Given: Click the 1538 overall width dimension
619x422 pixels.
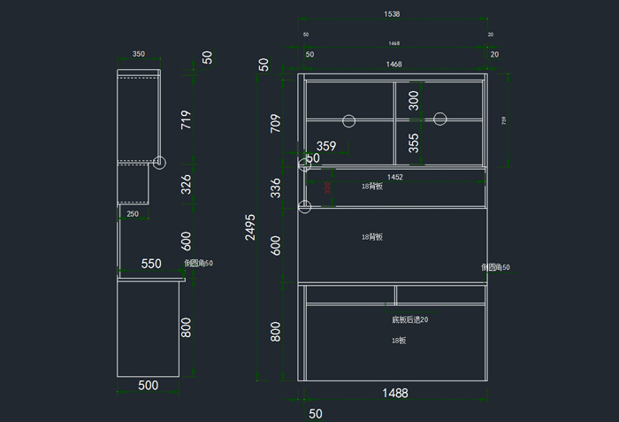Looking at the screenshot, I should coord(392,14).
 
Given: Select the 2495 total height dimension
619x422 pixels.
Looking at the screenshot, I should coord(251,226).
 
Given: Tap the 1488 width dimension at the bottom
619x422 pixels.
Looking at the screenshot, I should coord(394,393).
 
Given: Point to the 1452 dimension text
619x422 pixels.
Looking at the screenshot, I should coord(394,177).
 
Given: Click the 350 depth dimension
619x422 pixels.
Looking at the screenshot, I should coord(139,54).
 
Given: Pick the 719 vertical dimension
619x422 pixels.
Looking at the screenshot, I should coord(186,120).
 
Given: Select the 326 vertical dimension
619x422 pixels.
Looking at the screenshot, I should coord(186,185).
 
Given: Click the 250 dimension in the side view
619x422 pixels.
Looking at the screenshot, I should coord(133,214).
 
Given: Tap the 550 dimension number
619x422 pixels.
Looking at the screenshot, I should coord(151,264).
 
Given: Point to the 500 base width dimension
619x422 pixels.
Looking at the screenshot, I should coord(149,385).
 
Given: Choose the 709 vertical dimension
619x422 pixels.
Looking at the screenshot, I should coord(275,125).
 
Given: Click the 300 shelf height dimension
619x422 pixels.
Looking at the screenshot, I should coord(414,100).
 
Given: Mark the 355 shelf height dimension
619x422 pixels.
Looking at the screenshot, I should coord(414,143).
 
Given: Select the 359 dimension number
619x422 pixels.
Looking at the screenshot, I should coord(326,146).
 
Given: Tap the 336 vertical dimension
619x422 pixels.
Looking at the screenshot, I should coord(275,188).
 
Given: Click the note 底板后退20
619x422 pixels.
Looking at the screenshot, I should coord(409,319).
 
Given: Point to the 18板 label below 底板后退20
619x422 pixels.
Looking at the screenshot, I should coord(399,341).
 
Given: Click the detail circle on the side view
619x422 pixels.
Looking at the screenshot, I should coord(159,162).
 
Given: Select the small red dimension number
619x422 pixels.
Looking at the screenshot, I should coord(327,187).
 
